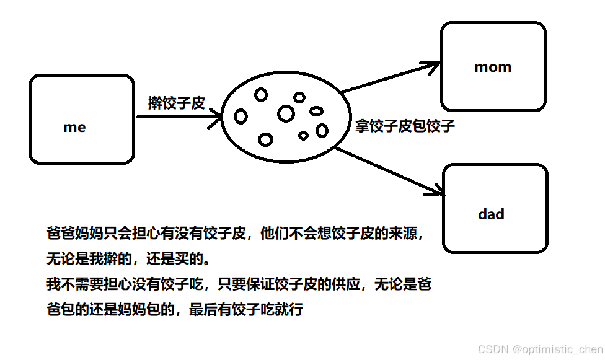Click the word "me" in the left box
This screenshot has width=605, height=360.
pos(74,128)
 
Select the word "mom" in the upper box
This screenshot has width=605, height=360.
pos(493,67)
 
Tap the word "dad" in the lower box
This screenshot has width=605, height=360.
pos(491,214)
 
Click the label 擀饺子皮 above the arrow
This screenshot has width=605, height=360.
pos(176,103)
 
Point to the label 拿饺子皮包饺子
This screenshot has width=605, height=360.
pos(405,126)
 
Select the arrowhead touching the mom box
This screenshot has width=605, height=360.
pos(432,64)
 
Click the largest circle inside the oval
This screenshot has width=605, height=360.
pos(286,113)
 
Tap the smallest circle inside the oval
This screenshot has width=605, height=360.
pos(303,135)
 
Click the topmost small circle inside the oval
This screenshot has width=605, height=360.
pos(261,95)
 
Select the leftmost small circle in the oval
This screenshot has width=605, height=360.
pos(241,116)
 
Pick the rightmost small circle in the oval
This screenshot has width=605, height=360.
pos(322,131)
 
